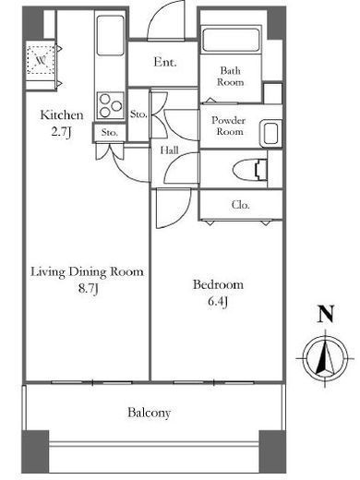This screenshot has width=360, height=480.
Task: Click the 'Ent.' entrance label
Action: pyautogui.click(x=165, y=62)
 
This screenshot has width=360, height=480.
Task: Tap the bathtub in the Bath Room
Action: pyautogui.click(x=231, y=40)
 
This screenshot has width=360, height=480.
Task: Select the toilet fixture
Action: pyautogui.click(x=250, y=170)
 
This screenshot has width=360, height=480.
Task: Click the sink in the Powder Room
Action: pyautogui.click(x=270, y=134)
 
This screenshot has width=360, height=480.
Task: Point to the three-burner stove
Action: pyautogui.click(x=111, y=105)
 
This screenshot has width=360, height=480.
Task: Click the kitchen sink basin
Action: pyautogui.click(x=111, y=35)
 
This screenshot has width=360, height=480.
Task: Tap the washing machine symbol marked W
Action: pyautogui.click(x=41, y=60)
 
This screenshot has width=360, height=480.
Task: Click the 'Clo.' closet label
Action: pyautogui.click(x=240, y=205)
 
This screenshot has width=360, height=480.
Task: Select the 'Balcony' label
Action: pyautogui.click(x=149, y=413)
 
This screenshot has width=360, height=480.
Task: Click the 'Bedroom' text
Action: pyautogui.click(x=218, y=284)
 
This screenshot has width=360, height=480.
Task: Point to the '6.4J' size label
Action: pyautogui.click(x=218, y=301)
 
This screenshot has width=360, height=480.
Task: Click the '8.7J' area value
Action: pyautogui.click(x=88, y=289)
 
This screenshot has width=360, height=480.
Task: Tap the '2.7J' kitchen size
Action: pyautogui.click(x=61, y=132)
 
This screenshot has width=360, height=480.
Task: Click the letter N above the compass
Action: pyautogui.click(x=326, y=314)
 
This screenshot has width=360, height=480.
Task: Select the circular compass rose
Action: pyautogui.click(x=325, y=358)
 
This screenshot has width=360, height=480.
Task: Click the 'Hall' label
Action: pyautogui.click(x=170, y=150)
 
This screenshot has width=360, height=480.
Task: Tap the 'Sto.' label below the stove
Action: pyautogui.click(x=110, y=133)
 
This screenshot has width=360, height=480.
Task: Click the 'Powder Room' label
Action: pyautogui.click(x=228, y=126)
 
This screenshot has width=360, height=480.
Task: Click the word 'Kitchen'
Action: pyautogui.click(x=62, y=114)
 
